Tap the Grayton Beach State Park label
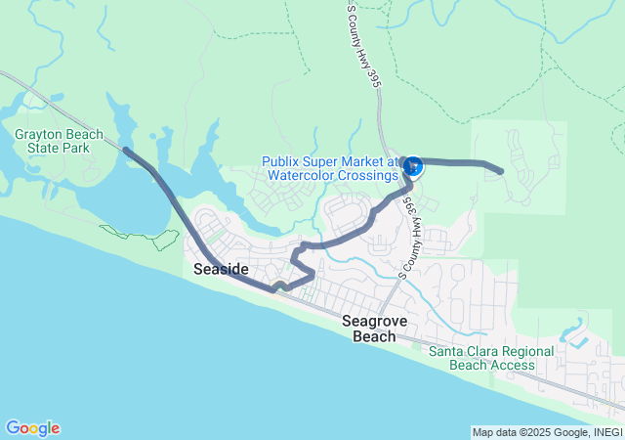pos(52,141)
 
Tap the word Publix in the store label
pos(282,161)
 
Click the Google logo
pos(32,428)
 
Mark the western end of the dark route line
pos(125,150)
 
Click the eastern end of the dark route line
pos(500,171)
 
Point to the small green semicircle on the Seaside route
pos(280,286)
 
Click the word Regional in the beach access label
pos(525,351)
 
